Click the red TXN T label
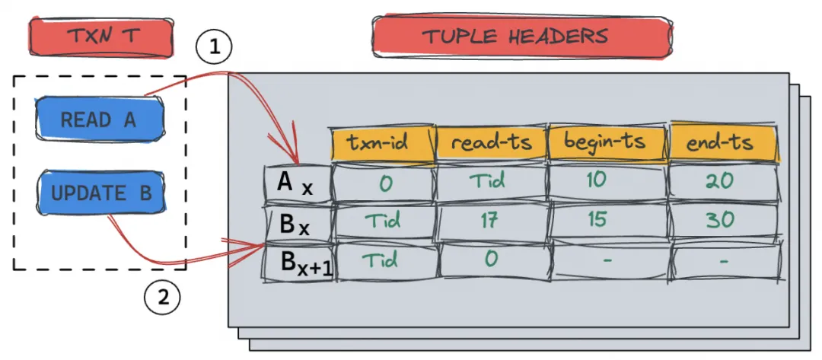(x=100, y=36)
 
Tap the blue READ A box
(x=100, y=119)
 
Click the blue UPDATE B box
(x=101, y=193)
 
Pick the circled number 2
(x=162, y=297)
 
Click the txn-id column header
(x=382, y=142)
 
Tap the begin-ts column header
(x=606, y=142)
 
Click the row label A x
(x=298, y=183)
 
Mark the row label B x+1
(x=298, y=263)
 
